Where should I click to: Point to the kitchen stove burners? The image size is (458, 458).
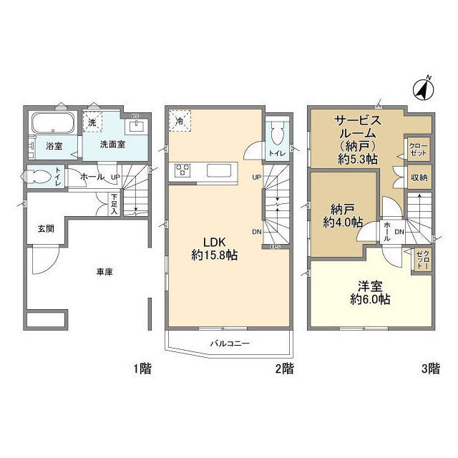click(183, 170)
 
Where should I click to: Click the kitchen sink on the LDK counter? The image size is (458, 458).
click(216, 170)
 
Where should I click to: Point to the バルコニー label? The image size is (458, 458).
click(229, 343)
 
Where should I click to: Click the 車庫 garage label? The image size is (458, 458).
click(104, 272)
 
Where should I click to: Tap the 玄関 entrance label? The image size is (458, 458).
click(46, 229)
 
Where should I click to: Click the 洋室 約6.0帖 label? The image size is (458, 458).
click(370, 293)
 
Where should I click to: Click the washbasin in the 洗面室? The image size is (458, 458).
click(138, 127)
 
